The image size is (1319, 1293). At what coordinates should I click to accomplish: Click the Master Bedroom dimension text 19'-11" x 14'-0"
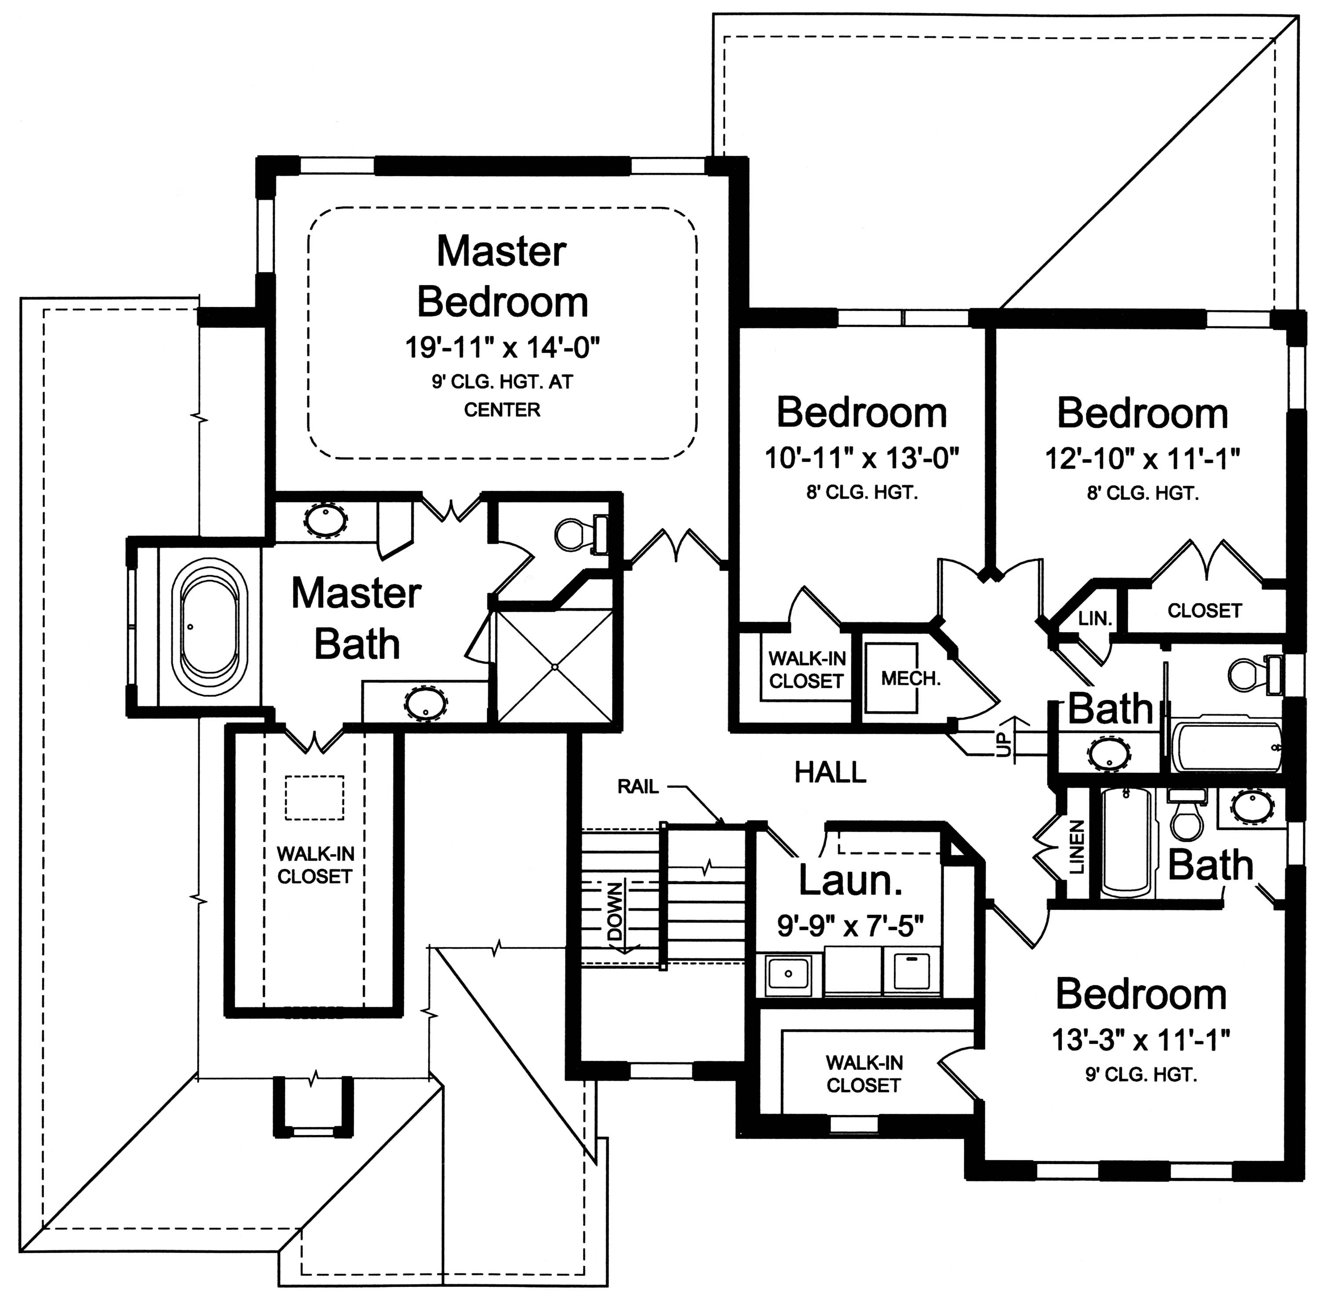(502, 348)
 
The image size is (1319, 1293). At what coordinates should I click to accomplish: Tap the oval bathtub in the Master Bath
(209, 626)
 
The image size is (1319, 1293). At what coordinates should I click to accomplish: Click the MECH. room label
(910, 678)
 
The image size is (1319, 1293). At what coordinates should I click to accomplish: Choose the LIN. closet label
(1095, 619)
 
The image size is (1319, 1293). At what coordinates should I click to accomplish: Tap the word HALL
(830, 772)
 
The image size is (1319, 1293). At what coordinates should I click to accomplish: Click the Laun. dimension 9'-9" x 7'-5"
(850, 925)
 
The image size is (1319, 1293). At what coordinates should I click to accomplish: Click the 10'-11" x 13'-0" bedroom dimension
(861, 459)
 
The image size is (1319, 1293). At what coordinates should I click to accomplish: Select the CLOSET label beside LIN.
(1204, 611)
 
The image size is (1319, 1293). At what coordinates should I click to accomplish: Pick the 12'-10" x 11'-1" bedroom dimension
(1142, 459)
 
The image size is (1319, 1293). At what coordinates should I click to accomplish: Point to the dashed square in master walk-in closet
(314, 798)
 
